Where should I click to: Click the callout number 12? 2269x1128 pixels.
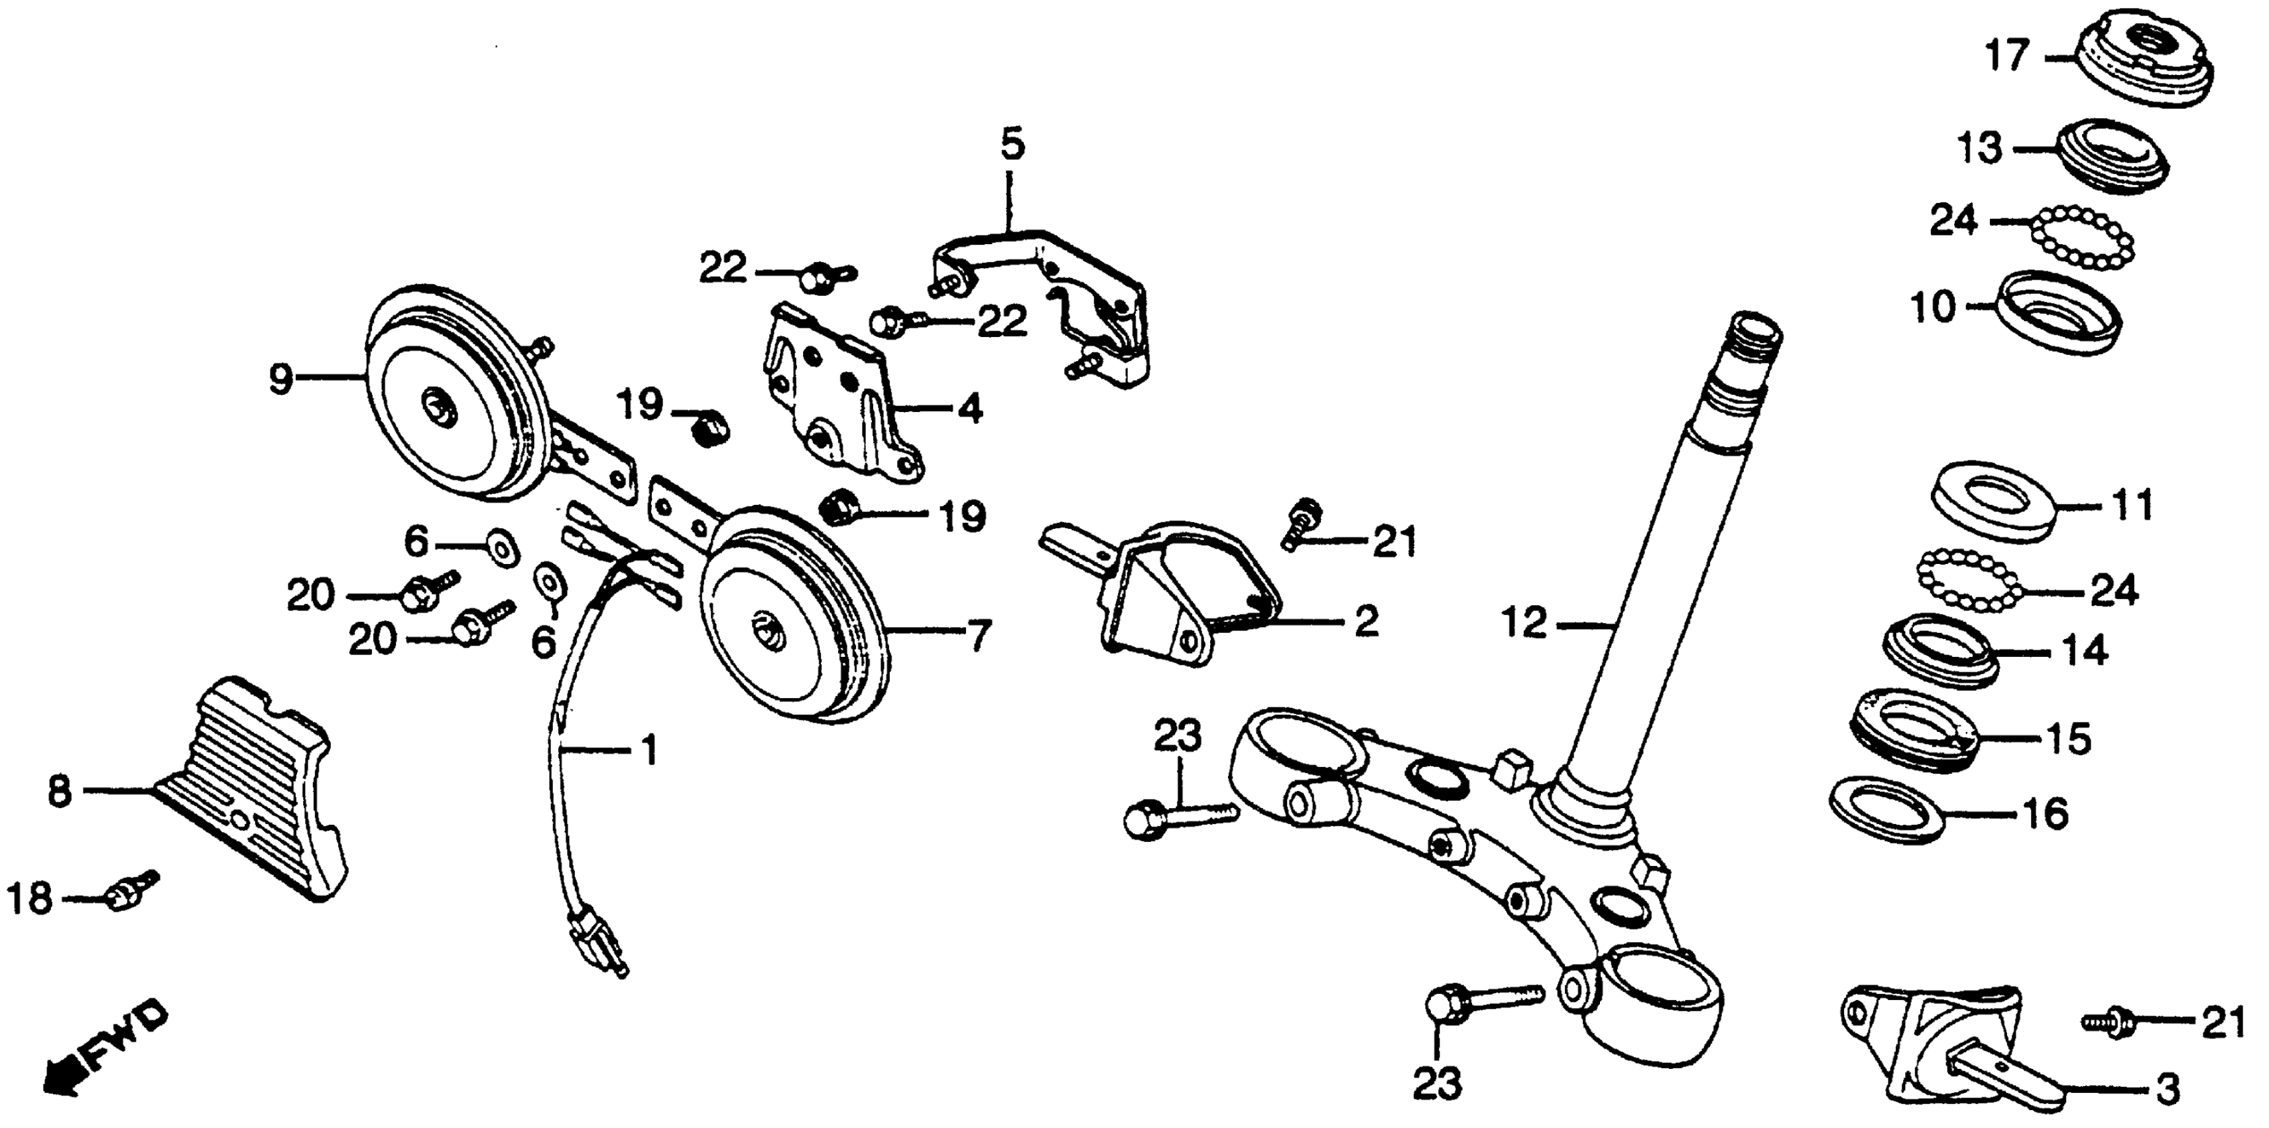point(1524,624)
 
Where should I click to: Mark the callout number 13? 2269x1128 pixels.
point(1980,148)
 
